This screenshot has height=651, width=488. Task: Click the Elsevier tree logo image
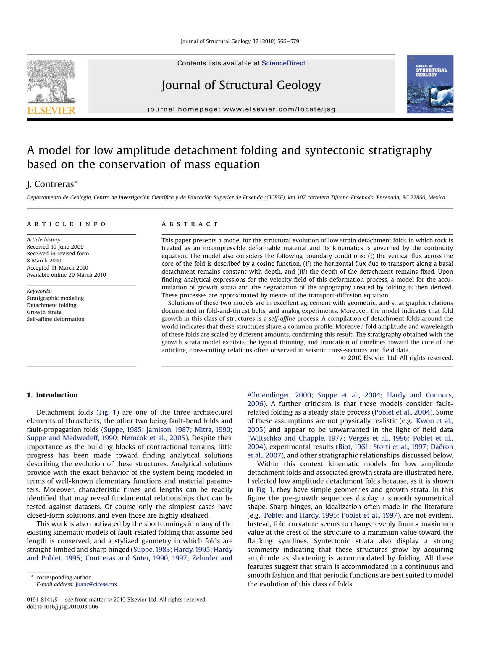pyautogui.click(x=51, y=81)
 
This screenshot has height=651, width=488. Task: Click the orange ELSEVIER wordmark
pyautogui.click(x=51, y=110)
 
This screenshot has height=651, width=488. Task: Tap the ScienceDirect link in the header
pyautogui.click(x=283, y=63)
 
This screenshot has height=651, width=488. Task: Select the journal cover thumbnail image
pyautogui.click(x=430, y=84)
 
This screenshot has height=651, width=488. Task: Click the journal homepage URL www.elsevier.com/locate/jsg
pyautogui.click(x=279, y=109)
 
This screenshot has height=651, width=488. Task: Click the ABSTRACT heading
pyautogui.click(x=190, y=224)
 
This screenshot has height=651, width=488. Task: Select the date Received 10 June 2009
pyautogui.click(x=55, y=247)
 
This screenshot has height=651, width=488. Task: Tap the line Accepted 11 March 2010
pyautogui.click(x=57, y=268)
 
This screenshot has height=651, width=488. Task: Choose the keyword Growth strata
pyautogui.click(x=44, y=312)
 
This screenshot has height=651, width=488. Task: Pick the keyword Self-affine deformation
pyautogui.click(x=56, y=319)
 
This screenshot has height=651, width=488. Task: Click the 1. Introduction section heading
pyautogui.click(x=52, y=395)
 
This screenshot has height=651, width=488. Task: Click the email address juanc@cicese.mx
pyautogui.click(x=96, y=584)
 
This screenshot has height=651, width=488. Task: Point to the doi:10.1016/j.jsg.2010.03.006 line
pyautogui.click(x=62, y=607)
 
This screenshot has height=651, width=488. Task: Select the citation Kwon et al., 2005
pyautogui.click(x=434, y=421)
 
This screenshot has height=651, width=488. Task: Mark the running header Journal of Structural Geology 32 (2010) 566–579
pyautogui.click(x=240, y=41)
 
